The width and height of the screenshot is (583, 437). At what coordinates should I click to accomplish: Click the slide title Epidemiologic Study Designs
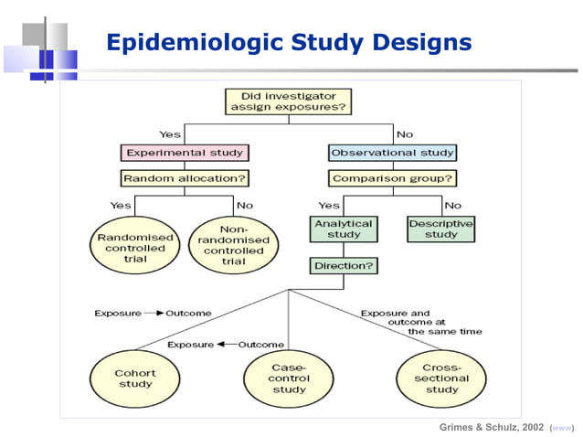tap(289, 42)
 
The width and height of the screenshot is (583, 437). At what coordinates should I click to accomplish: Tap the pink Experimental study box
tap(184, 153)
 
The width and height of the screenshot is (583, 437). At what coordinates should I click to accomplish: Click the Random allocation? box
tap(185, 178)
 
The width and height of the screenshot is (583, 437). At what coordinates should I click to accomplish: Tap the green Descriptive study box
tap(440, 229)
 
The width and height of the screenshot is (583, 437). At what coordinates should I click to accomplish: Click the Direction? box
tap(343, 267)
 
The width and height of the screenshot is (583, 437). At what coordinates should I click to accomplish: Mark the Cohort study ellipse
tap(134, 379)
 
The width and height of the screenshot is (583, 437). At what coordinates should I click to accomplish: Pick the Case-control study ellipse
tap(289, 379)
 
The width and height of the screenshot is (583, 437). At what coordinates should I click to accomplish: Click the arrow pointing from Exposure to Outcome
tap(154, 314)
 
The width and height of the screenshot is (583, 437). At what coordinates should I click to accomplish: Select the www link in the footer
tap(562, 427)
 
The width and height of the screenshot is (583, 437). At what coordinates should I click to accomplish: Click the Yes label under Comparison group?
tap(329, 205)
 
